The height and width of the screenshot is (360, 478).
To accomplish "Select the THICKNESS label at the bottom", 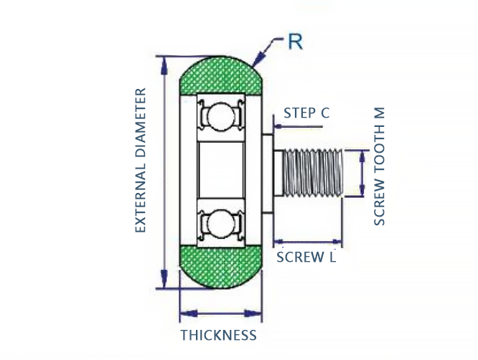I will [218, 335].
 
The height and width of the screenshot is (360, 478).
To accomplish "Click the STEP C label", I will [306, 113].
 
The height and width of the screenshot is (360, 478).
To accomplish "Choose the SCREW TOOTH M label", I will [380, 166].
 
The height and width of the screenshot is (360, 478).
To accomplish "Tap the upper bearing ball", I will [218, 116].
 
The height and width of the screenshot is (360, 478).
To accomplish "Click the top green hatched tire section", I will [219, 75].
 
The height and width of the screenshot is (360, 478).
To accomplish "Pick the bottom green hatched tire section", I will [219, 266].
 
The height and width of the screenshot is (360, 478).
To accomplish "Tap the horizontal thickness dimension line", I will [220, 313].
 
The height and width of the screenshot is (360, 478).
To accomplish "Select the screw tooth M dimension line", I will [361, 172].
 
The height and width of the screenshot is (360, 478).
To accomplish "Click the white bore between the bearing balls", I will [218, 170].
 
